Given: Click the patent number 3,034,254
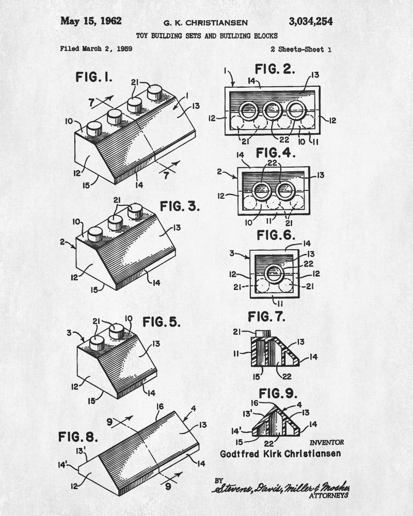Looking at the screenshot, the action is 311,22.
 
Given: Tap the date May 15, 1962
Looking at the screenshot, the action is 91,21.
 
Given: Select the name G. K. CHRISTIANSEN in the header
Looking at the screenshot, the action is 205,23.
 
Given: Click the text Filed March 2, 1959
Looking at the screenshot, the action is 96,49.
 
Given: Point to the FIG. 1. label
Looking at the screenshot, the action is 94,77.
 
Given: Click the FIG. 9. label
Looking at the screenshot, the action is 278,393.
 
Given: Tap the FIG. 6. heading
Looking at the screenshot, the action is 276,235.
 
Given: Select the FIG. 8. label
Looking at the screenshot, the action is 78,437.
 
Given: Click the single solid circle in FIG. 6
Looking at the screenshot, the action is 274,273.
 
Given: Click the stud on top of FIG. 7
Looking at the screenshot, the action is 262,333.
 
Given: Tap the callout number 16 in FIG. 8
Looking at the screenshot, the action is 160,407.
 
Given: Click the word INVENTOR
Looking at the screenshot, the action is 327,442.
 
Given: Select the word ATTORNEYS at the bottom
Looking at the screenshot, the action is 328,495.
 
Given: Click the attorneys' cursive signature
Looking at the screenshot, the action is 281,488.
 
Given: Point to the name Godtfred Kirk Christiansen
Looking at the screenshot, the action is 280,454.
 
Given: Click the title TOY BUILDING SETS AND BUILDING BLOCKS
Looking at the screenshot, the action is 207,36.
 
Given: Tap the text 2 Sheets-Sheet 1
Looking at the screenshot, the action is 301,50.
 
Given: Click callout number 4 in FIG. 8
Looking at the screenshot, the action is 193,408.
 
